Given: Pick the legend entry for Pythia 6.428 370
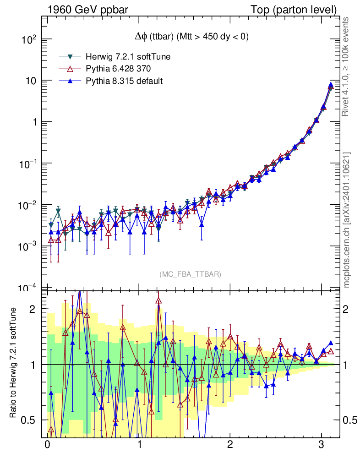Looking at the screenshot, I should (x=118, y=69).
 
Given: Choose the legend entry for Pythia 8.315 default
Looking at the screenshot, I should (x=124, y=81).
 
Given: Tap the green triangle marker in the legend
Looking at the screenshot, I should (x=71, y=57).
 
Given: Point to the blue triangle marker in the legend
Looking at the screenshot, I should (x=71, y=81).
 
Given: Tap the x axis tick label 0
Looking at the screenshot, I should (x=47, y=445).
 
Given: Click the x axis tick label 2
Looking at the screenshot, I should (x=230, y=445).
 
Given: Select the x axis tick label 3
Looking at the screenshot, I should (x=322, y=445).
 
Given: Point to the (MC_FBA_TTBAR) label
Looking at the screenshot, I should (x=191, y=274).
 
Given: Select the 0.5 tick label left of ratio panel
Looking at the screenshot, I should (x=28, y=420).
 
